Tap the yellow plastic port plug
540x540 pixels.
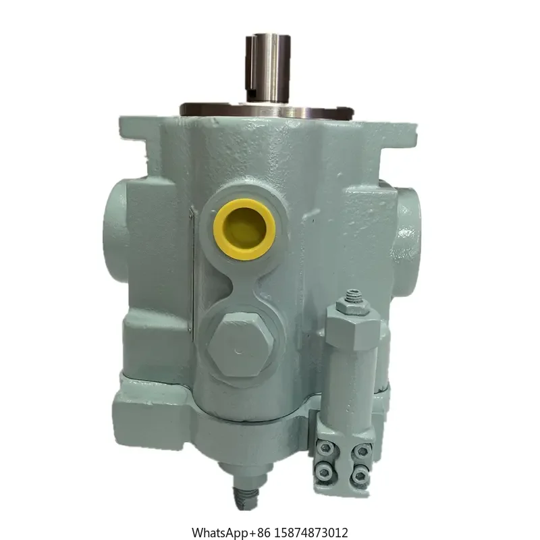244,229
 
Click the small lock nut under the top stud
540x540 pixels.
352,307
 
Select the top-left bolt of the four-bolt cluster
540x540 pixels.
325,449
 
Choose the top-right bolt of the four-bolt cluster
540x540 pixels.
362,450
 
